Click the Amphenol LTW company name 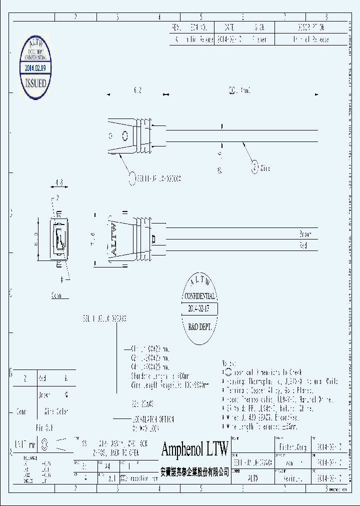194,449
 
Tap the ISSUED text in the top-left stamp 35,83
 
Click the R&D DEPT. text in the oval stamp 199,326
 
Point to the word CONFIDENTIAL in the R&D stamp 199,296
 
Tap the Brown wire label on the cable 305,234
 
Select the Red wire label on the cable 303,245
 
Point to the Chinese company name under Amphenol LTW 194,471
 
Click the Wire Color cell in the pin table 56,412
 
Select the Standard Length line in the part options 153,375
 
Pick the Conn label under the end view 58,295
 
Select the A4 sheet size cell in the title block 106,464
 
